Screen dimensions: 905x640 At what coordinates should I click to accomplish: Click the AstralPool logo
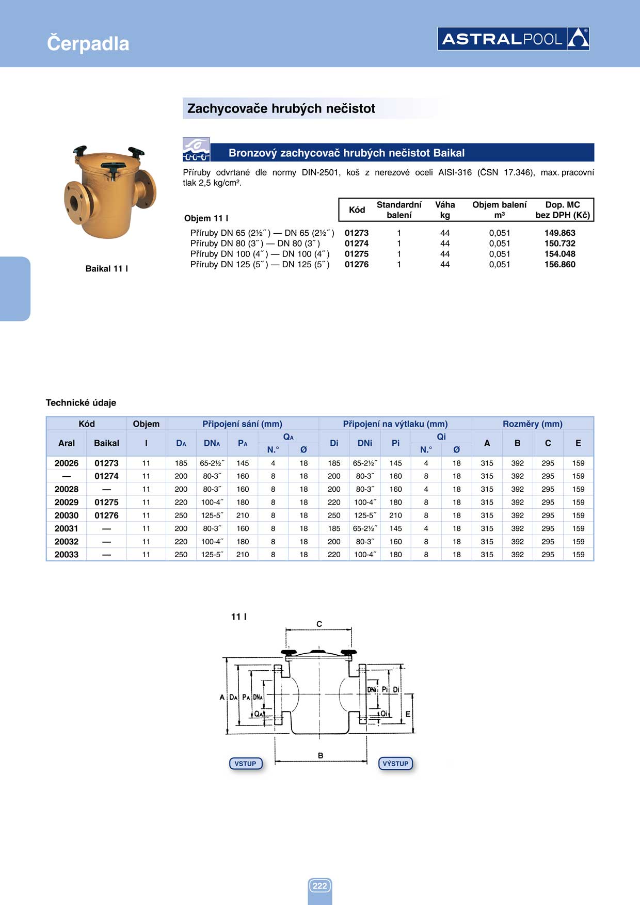pyautogui.click(x=513, y=39)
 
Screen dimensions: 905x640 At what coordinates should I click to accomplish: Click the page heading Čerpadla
pyautogui.click(x=88, y=43)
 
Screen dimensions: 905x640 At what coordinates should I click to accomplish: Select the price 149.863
pyautogui.click(x=559, y=233)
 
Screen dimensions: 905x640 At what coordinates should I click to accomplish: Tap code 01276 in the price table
pyautogui.click(x=357, y=265)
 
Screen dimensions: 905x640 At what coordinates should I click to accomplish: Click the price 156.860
pyautogui.click(x=559, y=265)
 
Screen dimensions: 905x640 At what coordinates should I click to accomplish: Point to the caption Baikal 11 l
pyautogui.click(x=106, y=269)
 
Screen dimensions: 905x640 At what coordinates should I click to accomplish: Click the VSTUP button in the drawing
pyautogui.click(x=245, y=764)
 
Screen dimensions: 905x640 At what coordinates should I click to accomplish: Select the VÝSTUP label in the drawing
pyautogui.click(x=395, y=764)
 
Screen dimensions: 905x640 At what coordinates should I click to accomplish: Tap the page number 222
pyautogui.click(x=319, y=886)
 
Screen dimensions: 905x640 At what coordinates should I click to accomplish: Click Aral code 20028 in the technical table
pyautogui.click(x=67, y=489)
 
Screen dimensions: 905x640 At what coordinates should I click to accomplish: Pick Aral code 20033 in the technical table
pyautogui.click(x=67, y=555)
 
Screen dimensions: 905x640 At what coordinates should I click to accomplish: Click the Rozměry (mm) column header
pyautogui.click(x=532, y=424)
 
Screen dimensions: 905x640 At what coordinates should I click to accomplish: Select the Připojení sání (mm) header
pyautogui.click(x=242, y=424)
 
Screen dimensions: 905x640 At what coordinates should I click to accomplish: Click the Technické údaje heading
pyautogui.click(x=81, y=403)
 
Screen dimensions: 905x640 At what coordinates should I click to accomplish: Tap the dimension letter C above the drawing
pyautogui.click(x=319, y=624)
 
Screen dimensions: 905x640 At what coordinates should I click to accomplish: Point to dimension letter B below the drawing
pyautogui.click(x=321, y=755)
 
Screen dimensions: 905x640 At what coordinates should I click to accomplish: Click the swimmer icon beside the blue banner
pyautogui.click(x=196, y=150)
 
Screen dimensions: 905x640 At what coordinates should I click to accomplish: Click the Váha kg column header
pyautogui.click(x=445, y=210)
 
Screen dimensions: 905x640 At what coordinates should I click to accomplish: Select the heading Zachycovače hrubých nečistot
pyautogui.click(x=281, y=109)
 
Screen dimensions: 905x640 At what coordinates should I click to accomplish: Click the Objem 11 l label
pyautogui.click(x=206, y=218)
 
